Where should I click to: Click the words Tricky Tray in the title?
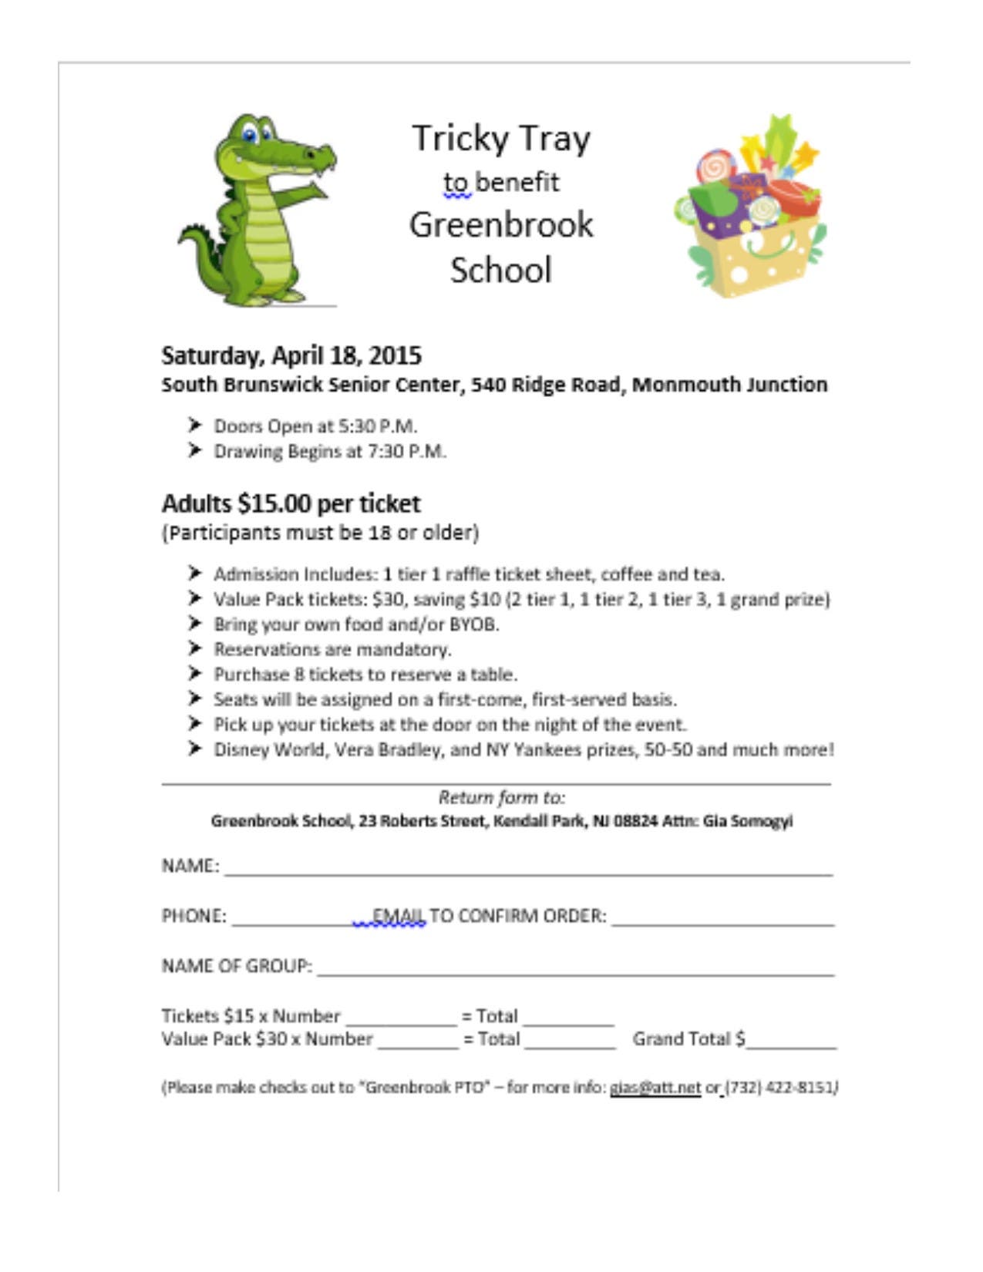tap(501, 139)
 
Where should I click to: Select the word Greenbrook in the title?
tap(501, 225)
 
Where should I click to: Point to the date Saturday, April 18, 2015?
tap(291, 355)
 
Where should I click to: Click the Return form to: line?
tap(501, 797)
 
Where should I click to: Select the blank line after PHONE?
tap(291, 919)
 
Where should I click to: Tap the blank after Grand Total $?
tap(792, 1042)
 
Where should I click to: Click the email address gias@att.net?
tap(655, 1088)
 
